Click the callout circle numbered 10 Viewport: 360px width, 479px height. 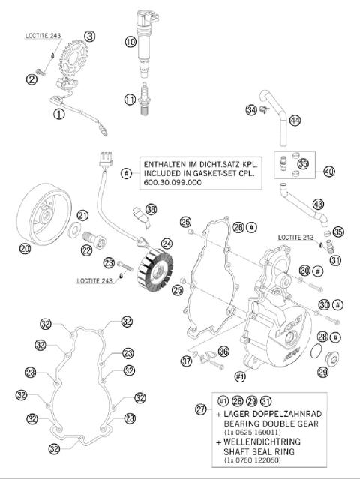click(130, 43)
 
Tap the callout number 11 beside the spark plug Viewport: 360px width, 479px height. click(130, 99)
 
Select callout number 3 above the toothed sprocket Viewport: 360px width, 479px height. click(90, 36)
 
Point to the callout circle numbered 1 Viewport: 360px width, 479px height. click(58, 114)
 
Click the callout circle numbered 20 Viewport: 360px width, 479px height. click(25, 247)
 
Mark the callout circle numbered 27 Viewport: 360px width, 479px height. click(200, 409)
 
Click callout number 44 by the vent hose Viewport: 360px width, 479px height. click(295, 121)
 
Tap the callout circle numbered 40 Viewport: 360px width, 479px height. click(328, 172)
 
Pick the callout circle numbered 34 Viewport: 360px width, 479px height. click(250, 111)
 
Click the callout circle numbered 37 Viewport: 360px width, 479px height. click(186, 361)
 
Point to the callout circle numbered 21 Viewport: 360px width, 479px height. click(82, 215)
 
